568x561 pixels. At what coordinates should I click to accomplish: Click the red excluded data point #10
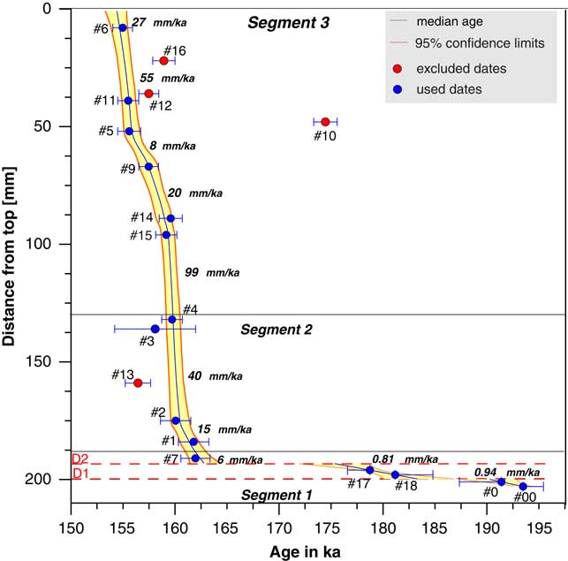coord(325,122)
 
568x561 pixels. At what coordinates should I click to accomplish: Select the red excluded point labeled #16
coord(163,60)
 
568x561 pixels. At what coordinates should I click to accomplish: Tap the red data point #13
coord(138,383)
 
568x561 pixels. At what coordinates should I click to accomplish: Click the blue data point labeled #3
coord(155,329)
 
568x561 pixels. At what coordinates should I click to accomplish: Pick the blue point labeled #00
coord(523,487)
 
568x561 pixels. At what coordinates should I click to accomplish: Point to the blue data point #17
coord(370,470)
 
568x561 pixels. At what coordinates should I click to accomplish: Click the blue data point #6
coord(123,28)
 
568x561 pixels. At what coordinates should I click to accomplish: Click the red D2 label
coord(80,459)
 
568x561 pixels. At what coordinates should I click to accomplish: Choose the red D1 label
coord(80,474)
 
